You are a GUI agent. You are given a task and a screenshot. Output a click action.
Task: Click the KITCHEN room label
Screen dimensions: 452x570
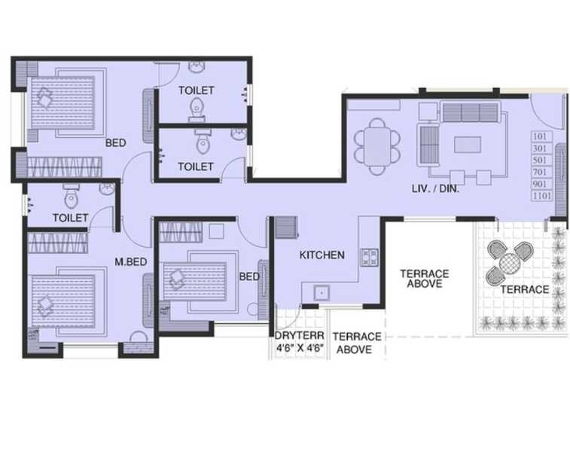[322, 255]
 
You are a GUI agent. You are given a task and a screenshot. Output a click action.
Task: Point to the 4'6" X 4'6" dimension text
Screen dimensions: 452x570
[299, 349]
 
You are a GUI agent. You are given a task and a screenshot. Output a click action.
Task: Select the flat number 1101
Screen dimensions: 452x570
[541, 196]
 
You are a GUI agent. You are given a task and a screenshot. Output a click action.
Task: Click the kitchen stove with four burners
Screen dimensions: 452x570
[370, 257]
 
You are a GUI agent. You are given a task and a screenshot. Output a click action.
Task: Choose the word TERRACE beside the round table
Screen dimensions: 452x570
[524, 289]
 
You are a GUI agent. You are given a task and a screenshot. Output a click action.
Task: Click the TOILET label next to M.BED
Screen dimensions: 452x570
[70, 218]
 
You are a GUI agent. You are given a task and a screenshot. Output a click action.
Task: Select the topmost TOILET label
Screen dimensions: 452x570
[196, 90]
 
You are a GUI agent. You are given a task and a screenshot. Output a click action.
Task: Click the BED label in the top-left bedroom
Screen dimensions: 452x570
[115, 142]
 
